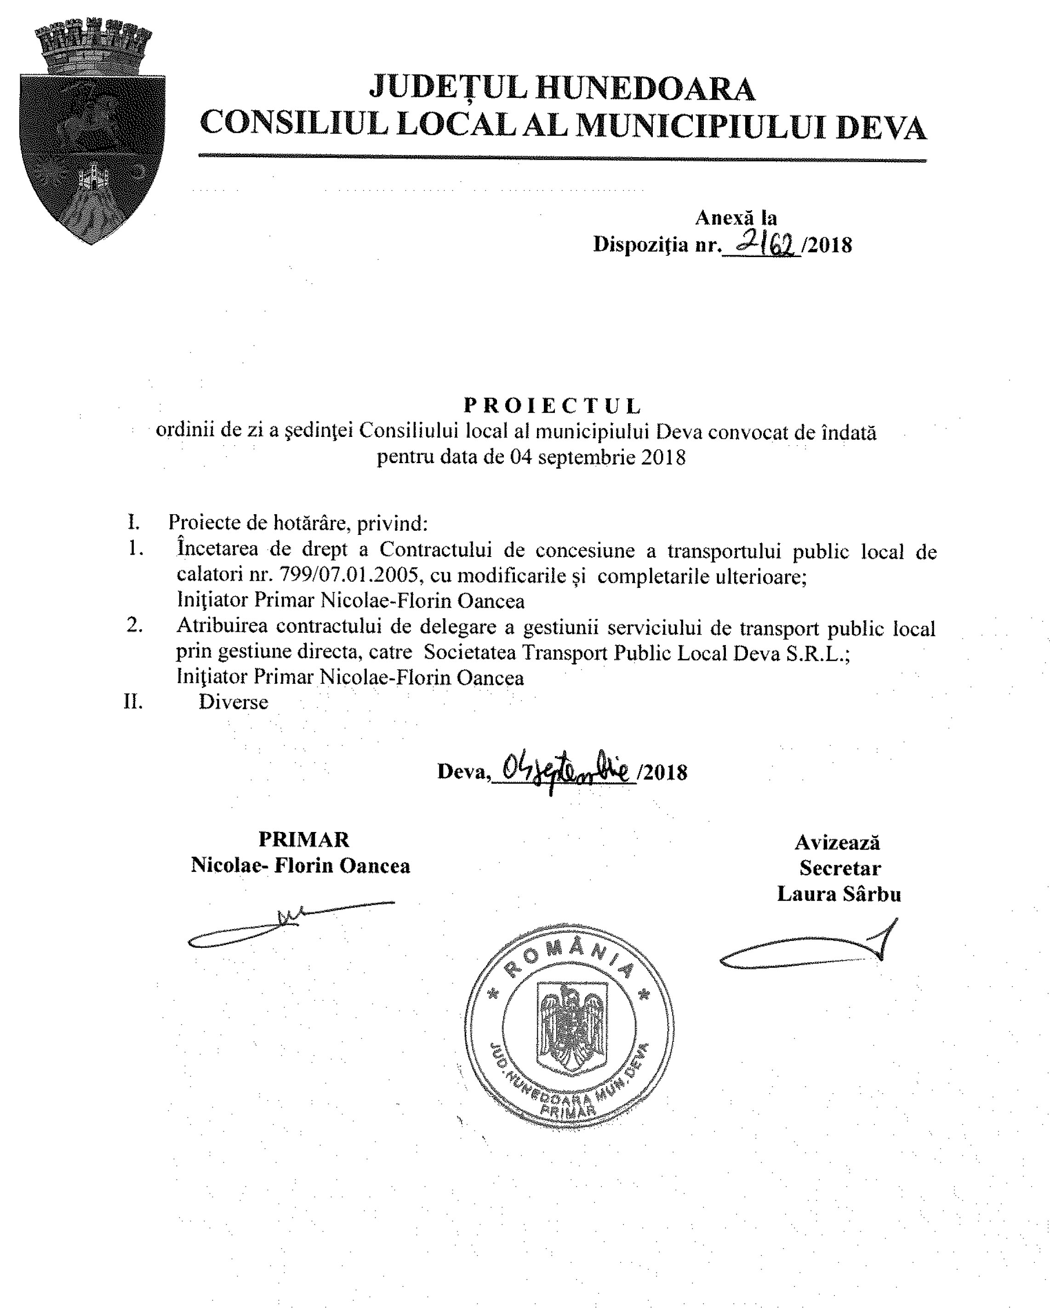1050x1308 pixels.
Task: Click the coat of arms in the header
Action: [92, 131]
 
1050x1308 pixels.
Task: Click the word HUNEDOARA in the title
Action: [645, 89]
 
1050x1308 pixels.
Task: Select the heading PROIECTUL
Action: [553, 405]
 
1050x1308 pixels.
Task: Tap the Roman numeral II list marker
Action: [133, 702]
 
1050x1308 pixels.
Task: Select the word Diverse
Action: [234, 702]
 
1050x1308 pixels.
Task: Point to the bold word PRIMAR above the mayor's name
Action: [304, 839]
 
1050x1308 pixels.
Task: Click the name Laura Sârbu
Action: [839, 894]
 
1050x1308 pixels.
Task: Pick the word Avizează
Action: [837, 842]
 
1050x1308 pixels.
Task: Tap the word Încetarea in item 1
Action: [217, 550]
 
